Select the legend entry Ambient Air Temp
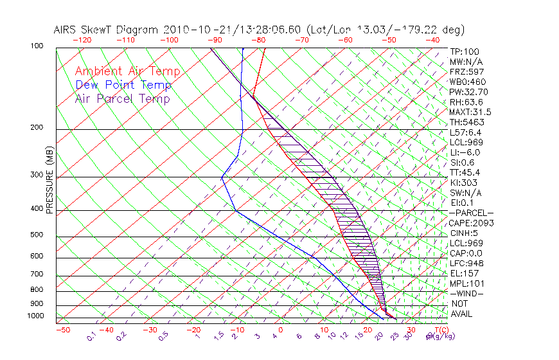coord(127,71)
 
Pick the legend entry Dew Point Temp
coord(123,85)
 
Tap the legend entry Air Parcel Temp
coord(122,98)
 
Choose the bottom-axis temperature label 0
coord(281,330)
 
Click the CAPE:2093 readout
coord(470,222)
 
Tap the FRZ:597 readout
coord(467,71)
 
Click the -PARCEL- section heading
coord(472,213)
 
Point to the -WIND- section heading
coord(467,293)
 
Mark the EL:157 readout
coord(465,273)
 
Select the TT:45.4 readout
coord(466,172)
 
